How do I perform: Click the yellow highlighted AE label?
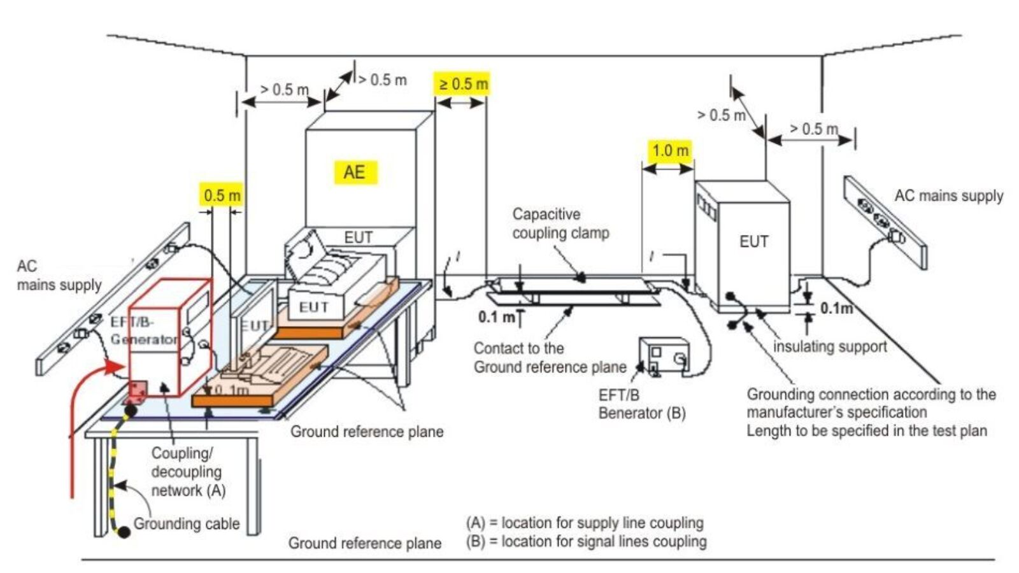(x=356, y=173)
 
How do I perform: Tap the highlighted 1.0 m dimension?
(x=670, y=150)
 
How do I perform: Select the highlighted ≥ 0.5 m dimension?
(x=462, y=83)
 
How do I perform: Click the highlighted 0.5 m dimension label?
(x=222, y=195)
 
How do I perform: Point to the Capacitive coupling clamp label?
(x=560, y=223)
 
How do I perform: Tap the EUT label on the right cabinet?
(x=754, y=241)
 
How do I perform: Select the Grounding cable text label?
(x=187, y=523)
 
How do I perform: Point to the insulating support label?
(x=830, y=346)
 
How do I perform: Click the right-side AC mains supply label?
(x=948, y=195)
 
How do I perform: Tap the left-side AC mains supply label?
(x=59, y=275)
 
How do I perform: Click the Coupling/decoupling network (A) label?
(x=188, y=472)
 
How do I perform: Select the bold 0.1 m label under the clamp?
(x=497, y=318)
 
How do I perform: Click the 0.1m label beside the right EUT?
(x=836, y=308)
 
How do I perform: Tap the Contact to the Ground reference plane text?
(x=550, y=357)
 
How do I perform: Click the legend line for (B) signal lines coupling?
(x=587, y=541)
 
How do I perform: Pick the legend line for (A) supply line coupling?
(x=585, y=523)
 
